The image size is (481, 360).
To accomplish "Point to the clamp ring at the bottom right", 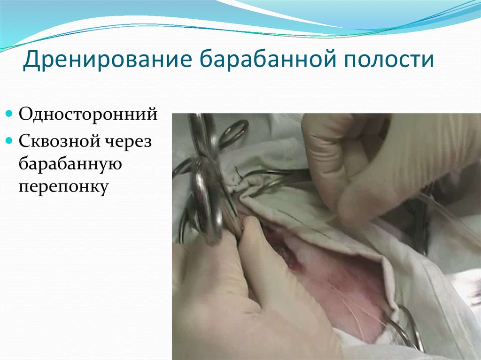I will coord(404,329).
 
